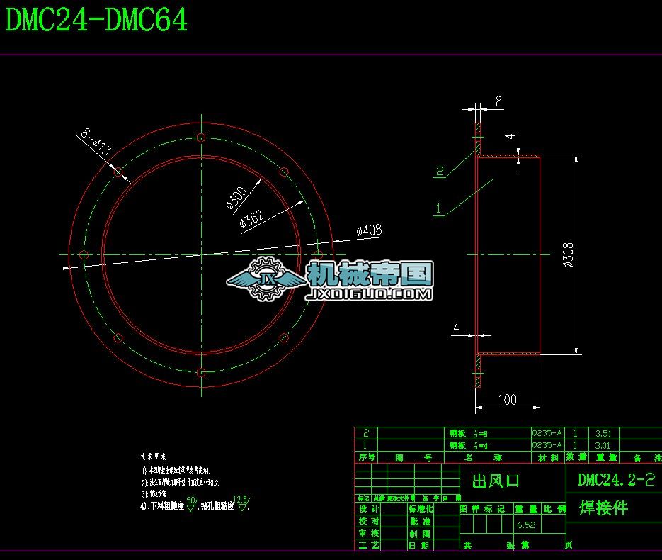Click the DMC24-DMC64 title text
(x=97, y=21)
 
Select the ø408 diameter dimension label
(x=369, y=230)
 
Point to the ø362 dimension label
(x=252, y=219)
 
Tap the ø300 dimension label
(x=236, y=198)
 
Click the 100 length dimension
(x=507, y=400)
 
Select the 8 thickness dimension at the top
(x=498, y=102)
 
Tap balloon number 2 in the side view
(x=439, y=171)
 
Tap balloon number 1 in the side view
(x=439, y=208)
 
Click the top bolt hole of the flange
(x=201, y=137)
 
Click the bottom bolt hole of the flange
(x=201, y=371)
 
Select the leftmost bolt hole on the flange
(x=84, y=254)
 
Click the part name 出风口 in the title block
(x=496, y=481)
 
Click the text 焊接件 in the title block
(x=603, y=508)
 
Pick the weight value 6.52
(x=525, y=525)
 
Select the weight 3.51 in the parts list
(x=603, y=433)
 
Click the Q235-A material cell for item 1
(x=547, y=445)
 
